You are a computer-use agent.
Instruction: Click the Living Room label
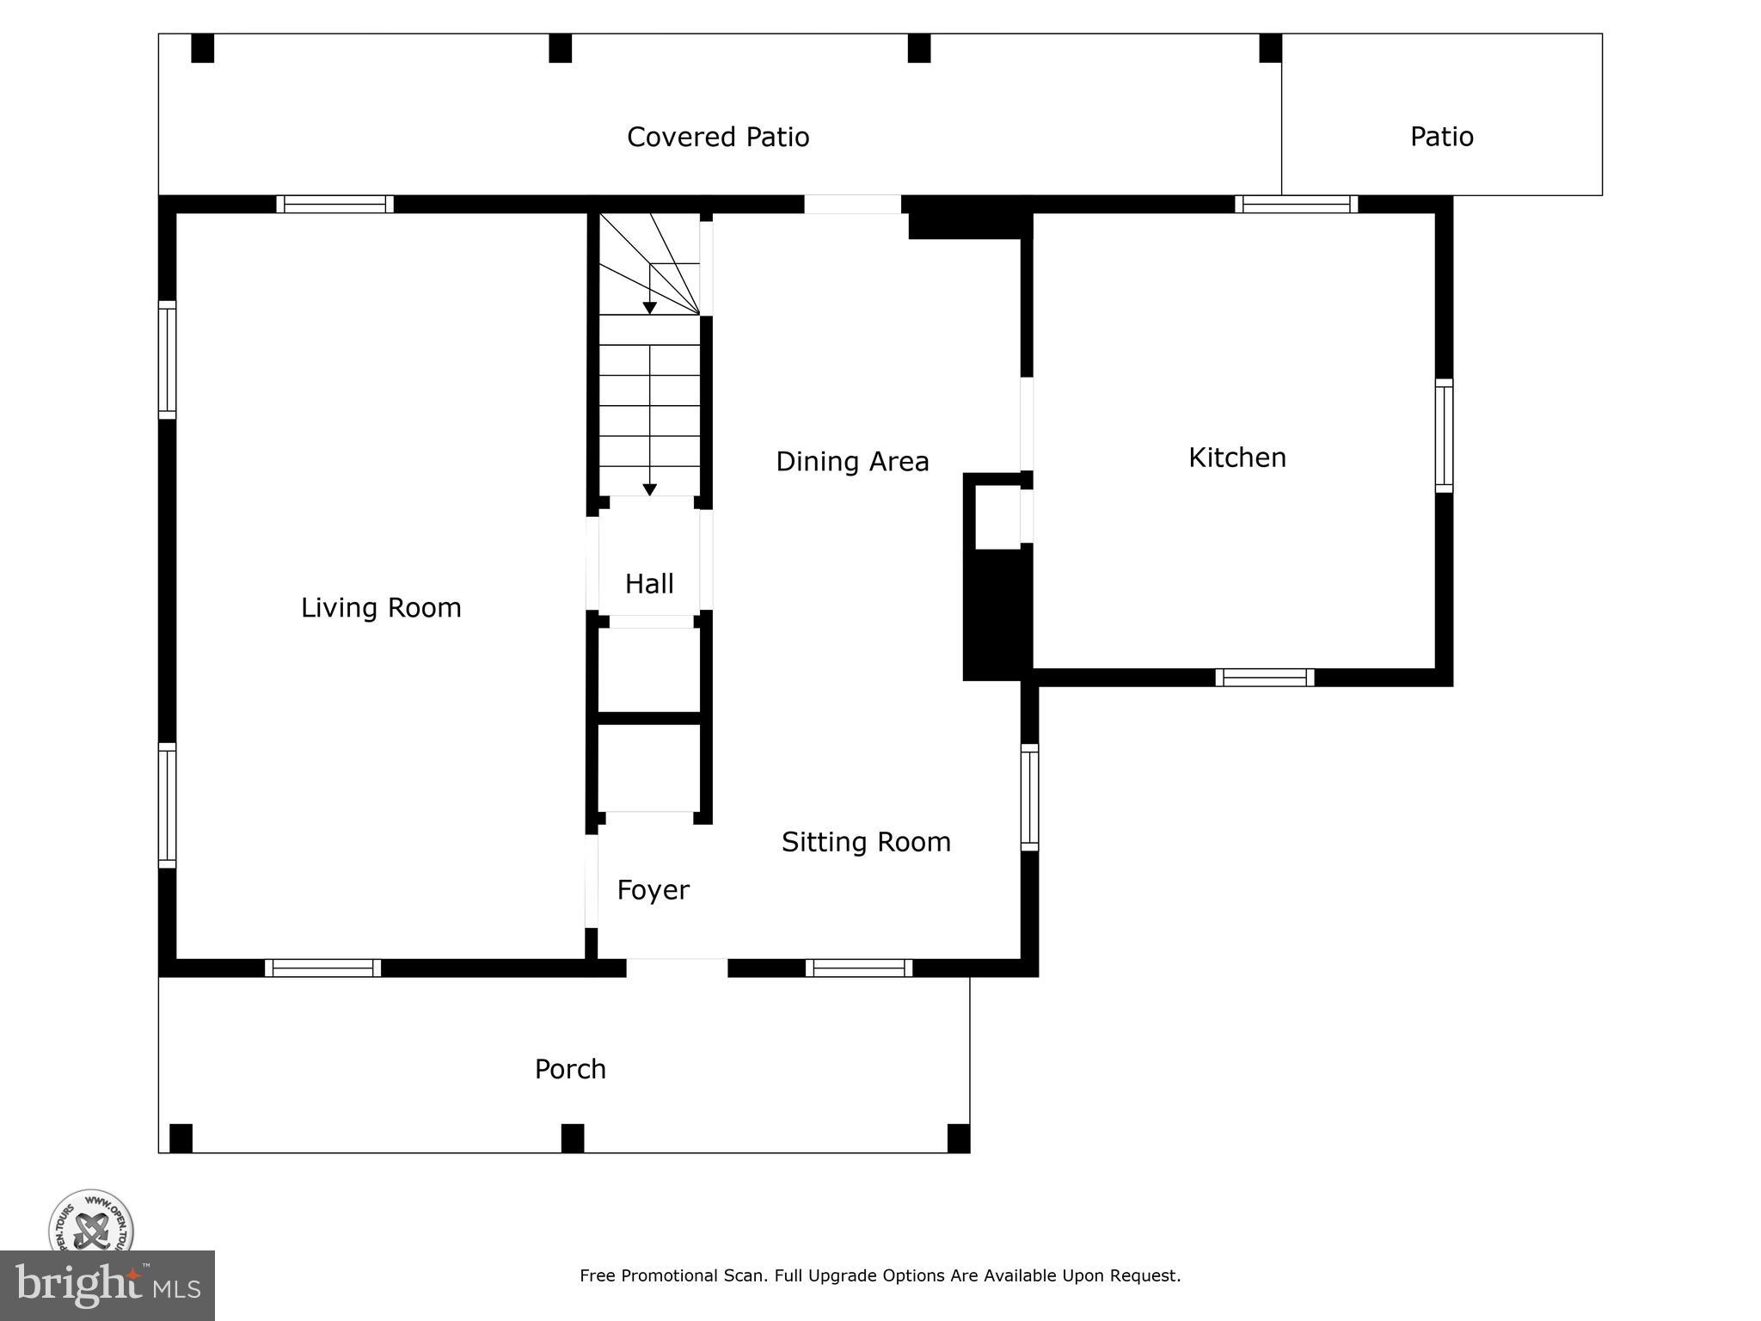point(381,608)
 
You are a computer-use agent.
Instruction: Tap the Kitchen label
point(1236,458)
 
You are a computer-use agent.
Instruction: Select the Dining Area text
point(852,462)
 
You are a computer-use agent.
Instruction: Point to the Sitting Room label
point(866,842)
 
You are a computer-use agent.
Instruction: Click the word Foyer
point(653,890)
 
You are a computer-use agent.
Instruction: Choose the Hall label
point(649,584)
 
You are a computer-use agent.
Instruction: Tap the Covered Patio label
point(718,138)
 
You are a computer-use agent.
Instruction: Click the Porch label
point(570,1069)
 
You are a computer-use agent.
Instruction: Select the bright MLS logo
point(107,1286)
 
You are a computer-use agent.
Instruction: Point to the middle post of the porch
point(573,1137)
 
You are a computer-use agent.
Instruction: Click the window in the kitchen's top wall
point(1296,205)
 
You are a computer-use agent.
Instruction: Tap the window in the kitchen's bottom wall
point(1264,678)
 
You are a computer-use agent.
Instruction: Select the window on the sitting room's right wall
point(1029,797)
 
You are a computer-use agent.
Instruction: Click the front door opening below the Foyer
point(677,968)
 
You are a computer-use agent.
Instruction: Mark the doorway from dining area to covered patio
point(852,205)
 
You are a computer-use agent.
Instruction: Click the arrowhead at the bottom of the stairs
point(650,489)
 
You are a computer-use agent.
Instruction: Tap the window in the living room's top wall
point(334,205)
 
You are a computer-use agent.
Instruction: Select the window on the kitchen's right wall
point(1444,436)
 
